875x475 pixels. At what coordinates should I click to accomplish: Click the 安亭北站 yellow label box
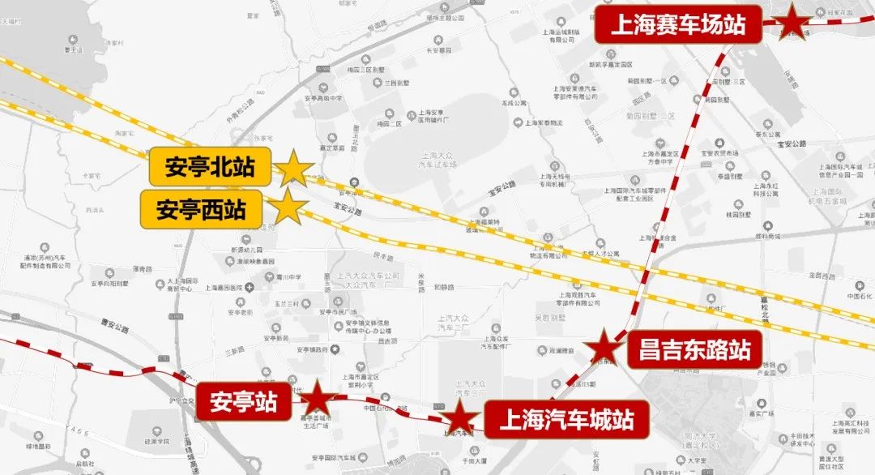pyautogui.click(x=210, y=168)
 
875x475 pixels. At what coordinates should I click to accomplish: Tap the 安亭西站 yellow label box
pyautogui.click(x=201, y=210)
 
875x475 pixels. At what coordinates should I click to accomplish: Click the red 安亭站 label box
pyautogui.click(x=243, y=400)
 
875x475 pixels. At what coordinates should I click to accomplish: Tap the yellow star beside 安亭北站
pyautogui.click(x=293, y=169)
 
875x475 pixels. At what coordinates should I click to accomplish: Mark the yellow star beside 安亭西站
pyautogui.click(x=288, y=208)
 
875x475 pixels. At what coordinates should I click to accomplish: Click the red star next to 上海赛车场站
pyautogui.click(x=791, y=24)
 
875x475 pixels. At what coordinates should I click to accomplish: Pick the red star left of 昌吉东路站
pyautogui.click(x=604, y=349)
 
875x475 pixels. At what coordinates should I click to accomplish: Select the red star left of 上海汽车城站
pyautogui.click(x=460, y=418)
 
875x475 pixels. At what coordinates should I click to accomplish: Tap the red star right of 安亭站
pyautogui.click(x=318, y=400)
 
